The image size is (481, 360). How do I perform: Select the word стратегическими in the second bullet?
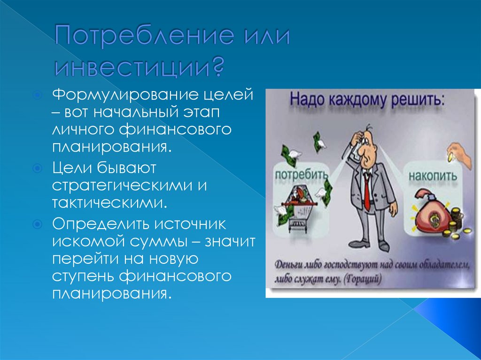(x=122, y=184)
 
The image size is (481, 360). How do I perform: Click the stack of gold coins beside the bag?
(x=456, y=222)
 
